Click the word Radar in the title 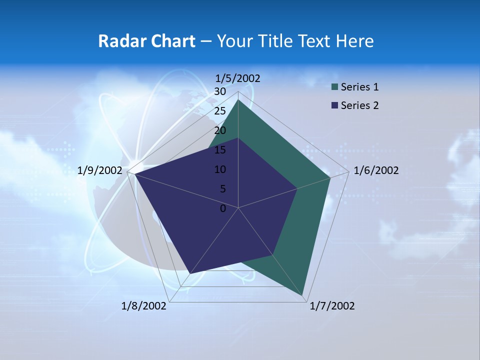[118, 41]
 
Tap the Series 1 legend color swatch [335, 87]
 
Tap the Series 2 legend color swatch [335, 105]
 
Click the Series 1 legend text [359, 87]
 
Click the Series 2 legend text [359, 105]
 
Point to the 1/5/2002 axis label [238, 78]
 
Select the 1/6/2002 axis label [376, 170]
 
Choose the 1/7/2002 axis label [332, 306]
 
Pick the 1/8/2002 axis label [144, 306]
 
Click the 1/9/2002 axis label [100, 170]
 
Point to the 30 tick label [220, 91]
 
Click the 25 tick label [220, 111]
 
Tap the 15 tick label [220, 150]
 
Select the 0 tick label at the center [223, 208]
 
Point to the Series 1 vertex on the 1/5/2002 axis [238, 100]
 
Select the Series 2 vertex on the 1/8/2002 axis [189, 273]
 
